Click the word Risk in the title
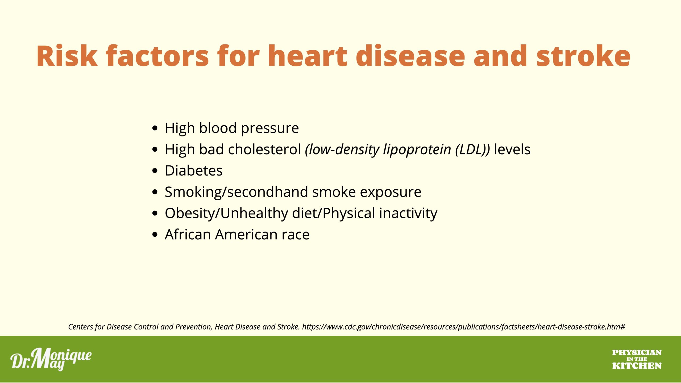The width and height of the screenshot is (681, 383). click(x=67, y=56)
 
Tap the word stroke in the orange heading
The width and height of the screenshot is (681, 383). click(x=583, y=56)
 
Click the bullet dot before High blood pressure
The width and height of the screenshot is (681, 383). click(x=155, y=128)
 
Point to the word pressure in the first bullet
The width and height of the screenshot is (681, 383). click(x=270, y=129)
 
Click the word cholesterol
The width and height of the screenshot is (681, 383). click(x=264, y=149)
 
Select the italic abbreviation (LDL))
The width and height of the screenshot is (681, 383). click(x=472, y=150)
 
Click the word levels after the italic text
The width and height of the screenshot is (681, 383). click(x=512, y=149)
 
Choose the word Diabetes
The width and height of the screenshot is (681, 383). click(x=194, y=170)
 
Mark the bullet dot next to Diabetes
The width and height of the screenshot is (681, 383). click(x=155, y=171)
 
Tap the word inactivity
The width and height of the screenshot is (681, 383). click(x=408, y=214)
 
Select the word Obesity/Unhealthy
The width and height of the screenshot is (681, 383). click(x=226, y=214)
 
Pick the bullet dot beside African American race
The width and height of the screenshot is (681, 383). click(x=155, y=235)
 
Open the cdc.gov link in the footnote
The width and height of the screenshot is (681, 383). click(x=463, y=327)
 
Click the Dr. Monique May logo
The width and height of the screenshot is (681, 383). click(x=51, y=359)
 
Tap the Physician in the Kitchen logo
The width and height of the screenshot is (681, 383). click(x=637, y=359)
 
